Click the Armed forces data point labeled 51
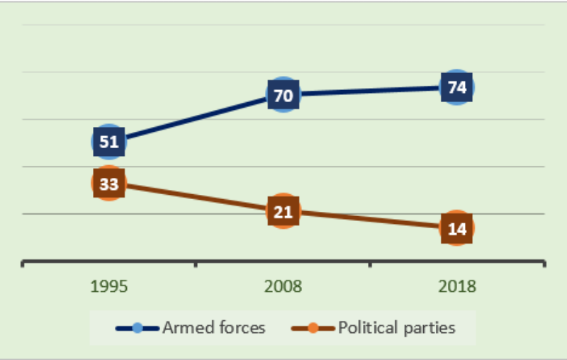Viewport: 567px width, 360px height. pos(108,142)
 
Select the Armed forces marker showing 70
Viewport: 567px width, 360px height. pos(283,94)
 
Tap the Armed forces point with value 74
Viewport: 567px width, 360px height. pos(456,88)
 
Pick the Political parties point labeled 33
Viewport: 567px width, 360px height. pos(108,184)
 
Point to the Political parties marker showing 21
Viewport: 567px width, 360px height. pos(283,211)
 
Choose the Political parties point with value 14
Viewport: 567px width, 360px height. pos(456,227)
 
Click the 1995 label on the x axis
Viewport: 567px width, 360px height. pos(108,287)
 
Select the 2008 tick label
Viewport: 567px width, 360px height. pos(283,287)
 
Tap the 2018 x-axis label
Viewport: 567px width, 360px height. pos(456,287)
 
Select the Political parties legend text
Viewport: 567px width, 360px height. pos(396,327)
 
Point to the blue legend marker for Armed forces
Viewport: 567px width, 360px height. pos(138,328)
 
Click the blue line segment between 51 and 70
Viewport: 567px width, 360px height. pos(196,118)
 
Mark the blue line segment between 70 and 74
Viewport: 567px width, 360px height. pos(369,91)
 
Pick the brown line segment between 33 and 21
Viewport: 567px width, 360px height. pos(196,198)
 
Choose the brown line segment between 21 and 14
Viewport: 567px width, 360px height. pos(369,220)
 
